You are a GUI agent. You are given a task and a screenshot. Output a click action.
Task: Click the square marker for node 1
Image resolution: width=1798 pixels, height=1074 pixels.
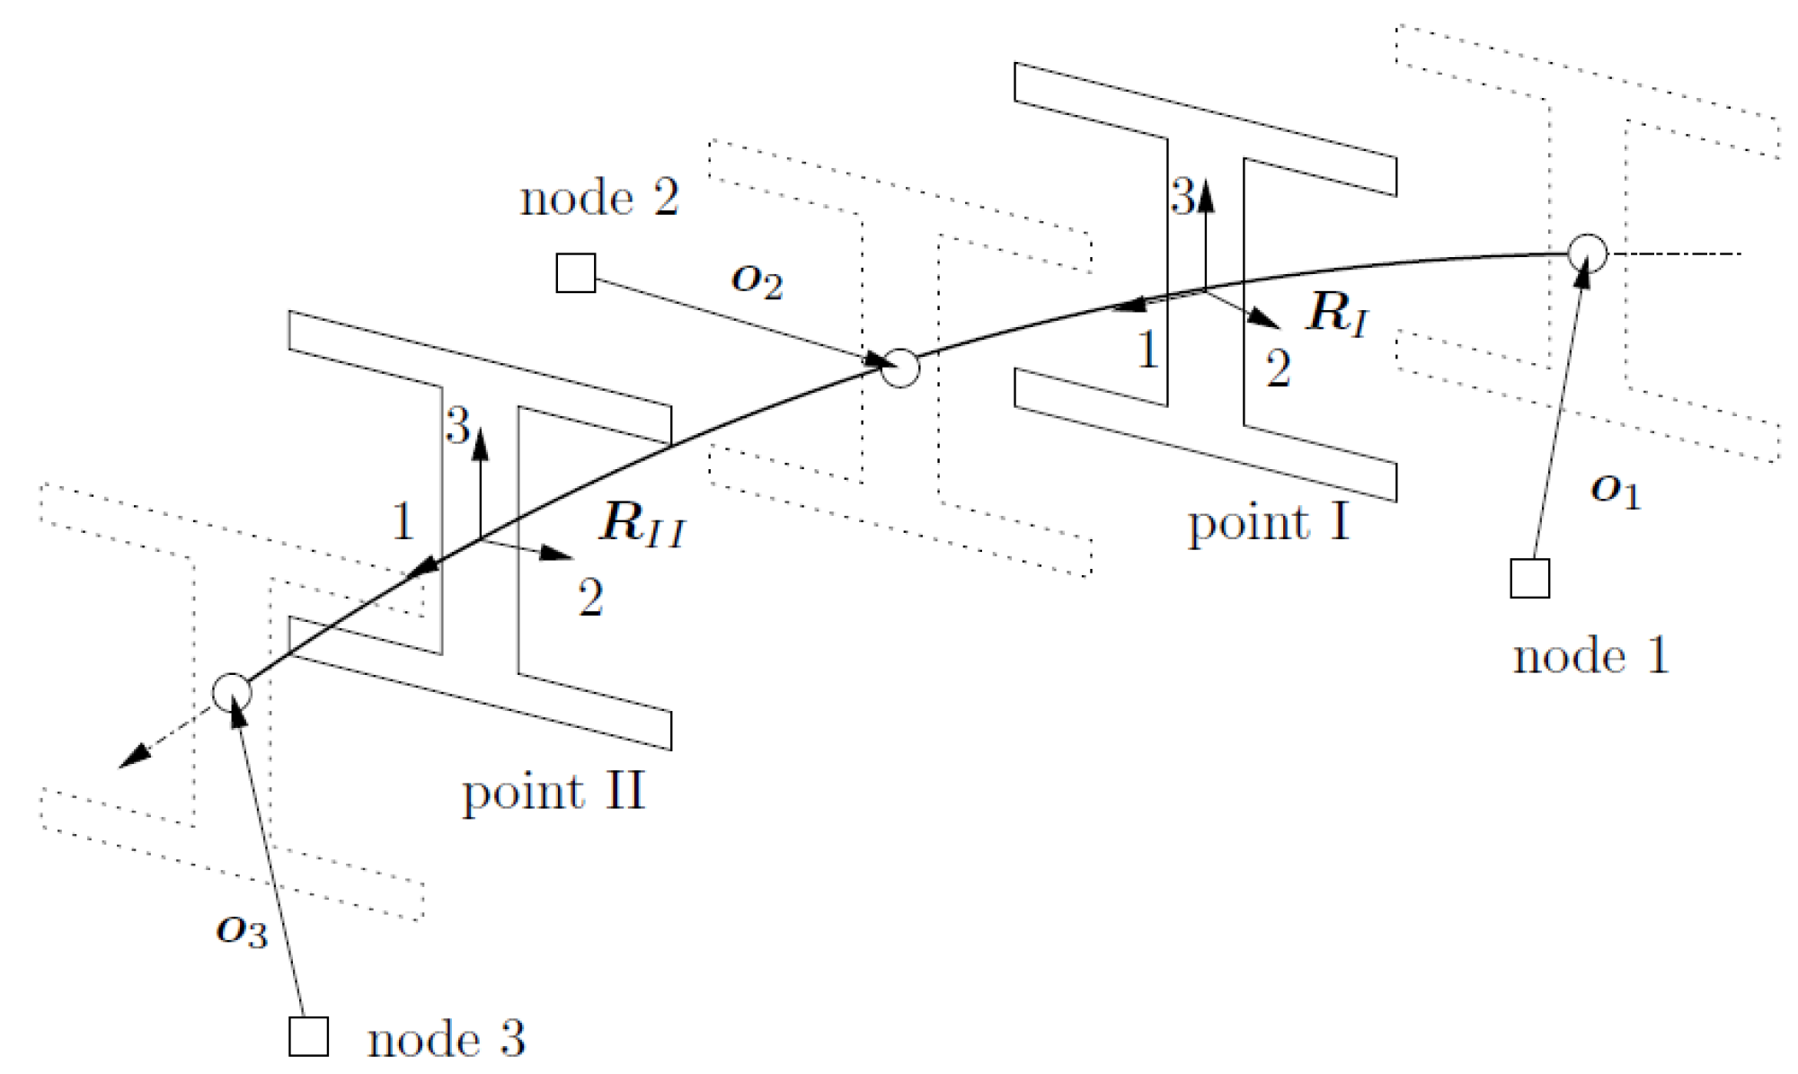[x=1529, y=578]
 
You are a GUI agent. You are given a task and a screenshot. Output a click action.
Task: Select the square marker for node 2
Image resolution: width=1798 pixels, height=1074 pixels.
[x=575, y=273]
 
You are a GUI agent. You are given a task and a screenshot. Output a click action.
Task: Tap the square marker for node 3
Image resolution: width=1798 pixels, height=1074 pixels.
[x=308, y=1036]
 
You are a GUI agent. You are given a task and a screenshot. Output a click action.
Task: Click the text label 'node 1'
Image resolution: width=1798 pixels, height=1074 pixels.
[x=1590, y=656]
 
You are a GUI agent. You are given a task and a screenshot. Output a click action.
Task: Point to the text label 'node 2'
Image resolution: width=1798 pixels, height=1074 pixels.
[x=599, y=198]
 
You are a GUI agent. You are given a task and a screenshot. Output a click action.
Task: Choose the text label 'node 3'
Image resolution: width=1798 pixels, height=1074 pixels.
[x=446, y=1040]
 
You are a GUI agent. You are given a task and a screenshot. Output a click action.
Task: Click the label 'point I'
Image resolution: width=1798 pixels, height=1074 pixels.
[x=1268, y=523]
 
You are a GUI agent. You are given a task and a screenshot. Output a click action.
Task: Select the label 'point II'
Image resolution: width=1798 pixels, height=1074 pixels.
[x=553, y=793]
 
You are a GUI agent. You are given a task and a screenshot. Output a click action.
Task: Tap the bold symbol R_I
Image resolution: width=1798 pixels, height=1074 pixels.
[x=1338, y=314]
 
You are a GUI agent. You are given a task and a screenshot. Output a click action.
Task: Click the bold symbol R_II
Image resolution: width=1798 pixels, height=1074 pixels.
[x=642, y=523]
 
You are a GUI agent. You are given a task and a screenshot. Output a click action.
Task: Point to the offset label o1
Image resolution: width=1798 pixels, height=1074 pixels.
[x=1615, y=492]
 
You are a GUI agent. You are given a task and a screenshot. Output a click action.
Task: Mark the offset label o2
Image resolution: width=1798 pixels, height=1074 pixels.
[x=757, y=280]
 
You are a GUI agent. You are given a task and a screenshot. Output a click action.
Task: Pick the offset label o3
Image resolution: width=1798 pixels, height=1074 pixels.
[x=242, y=931]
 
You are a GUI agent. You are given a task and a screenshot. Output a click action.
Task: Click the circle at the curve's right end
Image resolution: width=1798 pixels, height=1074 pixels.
[x=1587, y=253]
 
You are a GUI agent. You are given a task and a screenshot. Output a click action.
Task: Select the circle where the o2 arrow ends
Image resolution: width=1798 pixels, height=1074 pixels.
[x=899, y=368]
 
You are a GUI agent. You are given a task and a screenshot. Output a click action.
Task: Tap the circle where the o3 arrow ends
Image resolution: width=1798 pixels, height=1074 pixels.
[x=232, y=692]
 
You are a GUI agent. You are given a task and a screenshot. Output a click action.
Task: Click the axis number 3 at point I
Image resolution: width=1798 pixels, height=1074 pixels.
[x=1182, y=196]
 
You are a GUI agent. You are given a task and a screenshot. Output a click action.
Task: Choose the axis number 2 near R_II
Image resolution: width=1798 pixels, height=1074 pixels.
[x=590, y=598]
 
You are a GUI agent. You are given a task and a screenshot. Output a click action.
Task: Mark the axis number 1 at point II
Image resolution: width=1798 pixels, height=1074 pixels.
[x=403, y=521]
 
